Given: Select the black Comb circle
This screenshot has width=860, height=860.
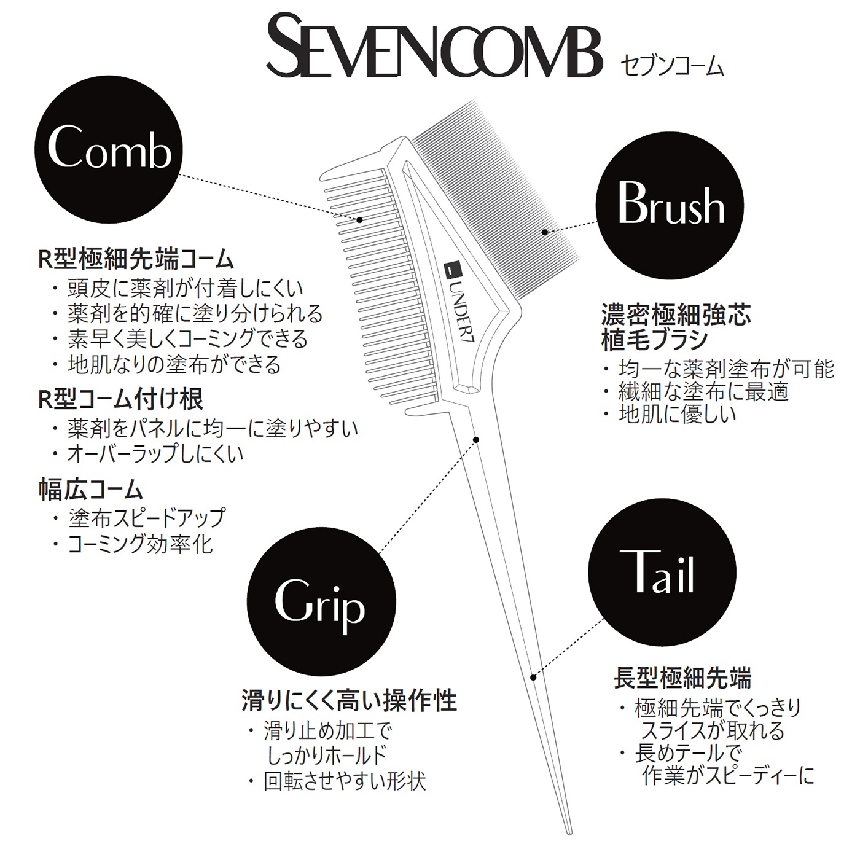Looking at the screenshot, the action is click(x=109, y=149).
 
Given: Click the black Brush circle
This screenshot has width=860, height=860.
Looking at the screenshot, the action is click(x=670, y=206).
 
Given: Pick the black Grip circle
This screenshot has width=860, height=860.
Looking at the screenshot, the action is click(x=321, y=601).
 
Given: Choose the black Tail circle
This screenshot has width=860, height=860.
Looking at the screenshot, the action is click(x=662, y=572).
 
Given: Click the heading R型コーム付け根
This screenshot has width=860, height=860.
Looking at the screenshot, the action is click(x=121, y=399).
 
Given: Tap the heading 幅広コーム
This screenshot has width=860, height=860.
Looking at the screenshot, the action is click(x=90, y=489).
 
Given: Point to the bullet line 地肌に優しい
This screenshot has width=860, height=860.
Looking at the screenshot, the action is click(x=670, y=413).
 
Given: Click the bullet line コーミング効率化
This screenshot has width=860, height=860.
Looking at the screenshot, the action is click(x=133, y=544).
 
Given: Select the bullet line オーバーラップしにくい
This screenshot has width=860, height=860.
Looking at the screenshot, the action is click(x=148, y=453).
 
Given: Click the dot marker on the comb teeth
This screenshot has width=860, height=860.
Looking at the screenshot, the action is click(x=360, y=219).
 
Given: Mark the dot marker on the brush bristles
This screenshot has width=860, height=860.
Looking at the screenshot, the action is click(x=544, y=232).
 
